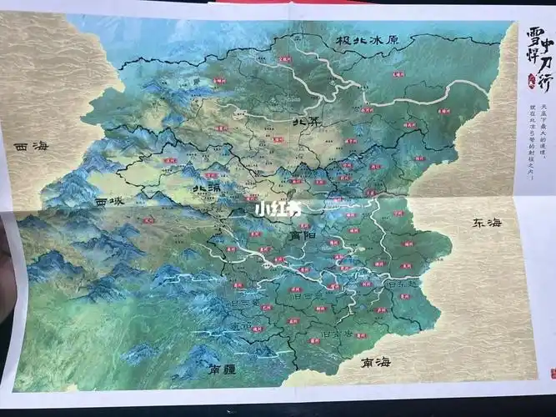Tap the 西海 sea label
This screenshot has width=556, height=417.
pyautogui.click(x=32, y=147)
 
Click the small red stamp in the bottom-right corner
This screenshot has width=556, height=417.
pyautogui.click(x=547, y=371)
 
